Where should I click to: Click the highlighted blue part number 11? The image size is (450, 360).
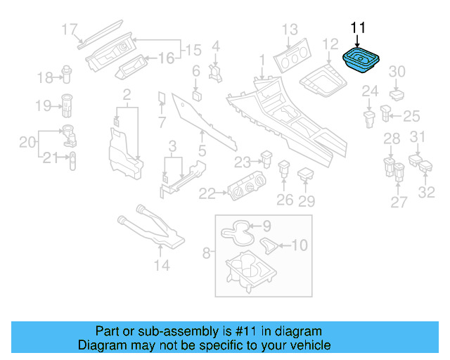tap(362, 60)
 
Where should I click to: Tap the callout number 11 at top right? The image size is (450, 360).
tap(358, 27)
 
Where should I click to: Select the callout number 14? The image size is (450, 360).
tap(162, 266)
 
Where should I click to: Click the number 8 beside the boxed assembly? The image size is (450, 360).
tap(206, 252)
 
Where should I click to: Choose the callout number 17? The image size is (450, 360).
tap(69, 30)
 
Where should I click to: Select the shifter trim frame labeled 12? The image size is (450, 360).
tap(326, 82)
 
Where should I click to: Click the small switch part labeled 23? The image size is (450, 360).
tap(266, 158)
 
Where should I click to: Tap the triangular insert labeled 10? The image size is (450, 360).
tap(269, 244)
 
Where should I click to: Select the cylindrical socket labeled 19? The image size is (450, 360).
tap(69, 104)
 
